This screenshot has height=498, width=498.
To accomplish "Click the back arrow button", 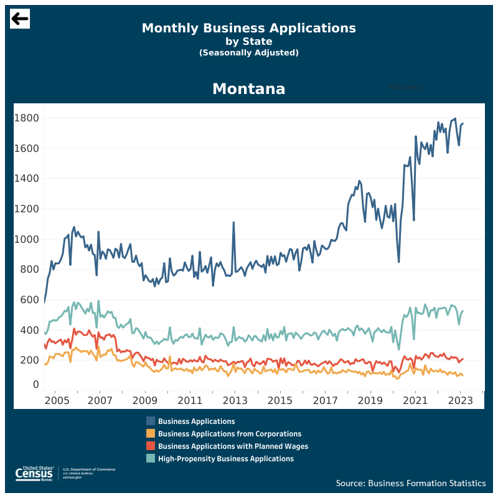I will [20, 19].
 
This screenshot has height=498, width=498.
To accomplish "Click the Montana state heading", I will [248, 89].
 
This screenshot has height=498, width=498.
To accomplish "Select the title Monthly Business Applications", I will [248, 28].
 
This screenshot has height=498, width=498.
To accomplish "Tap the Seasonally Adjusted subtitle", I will [248, 53].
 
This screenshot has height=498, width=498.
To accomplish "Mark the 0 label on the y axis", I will [35, 385].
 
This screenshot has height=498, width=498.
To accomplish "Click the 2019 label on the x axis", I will [370, 400].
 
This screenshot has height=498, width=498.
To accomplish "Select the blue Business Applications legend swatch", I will [151, 421].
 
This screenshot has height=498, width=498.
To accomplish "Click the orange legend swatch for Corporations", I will [151, 434].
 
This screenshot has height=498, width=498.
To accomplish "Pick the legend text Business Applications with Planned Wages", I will [233, 446].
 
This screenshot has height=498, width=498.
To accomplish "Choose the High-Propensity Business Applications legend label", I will [225, 459].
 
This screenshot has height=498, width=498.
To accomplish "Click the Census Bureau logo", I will [34, 474].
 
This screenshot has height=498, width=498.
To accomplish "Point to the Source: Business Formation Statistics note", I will [411, 483].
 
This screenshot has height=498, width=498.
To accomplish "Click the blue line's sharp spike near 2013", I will [233, 222].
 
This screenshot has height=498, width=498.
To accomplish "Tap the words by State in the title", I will [248, 42].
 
